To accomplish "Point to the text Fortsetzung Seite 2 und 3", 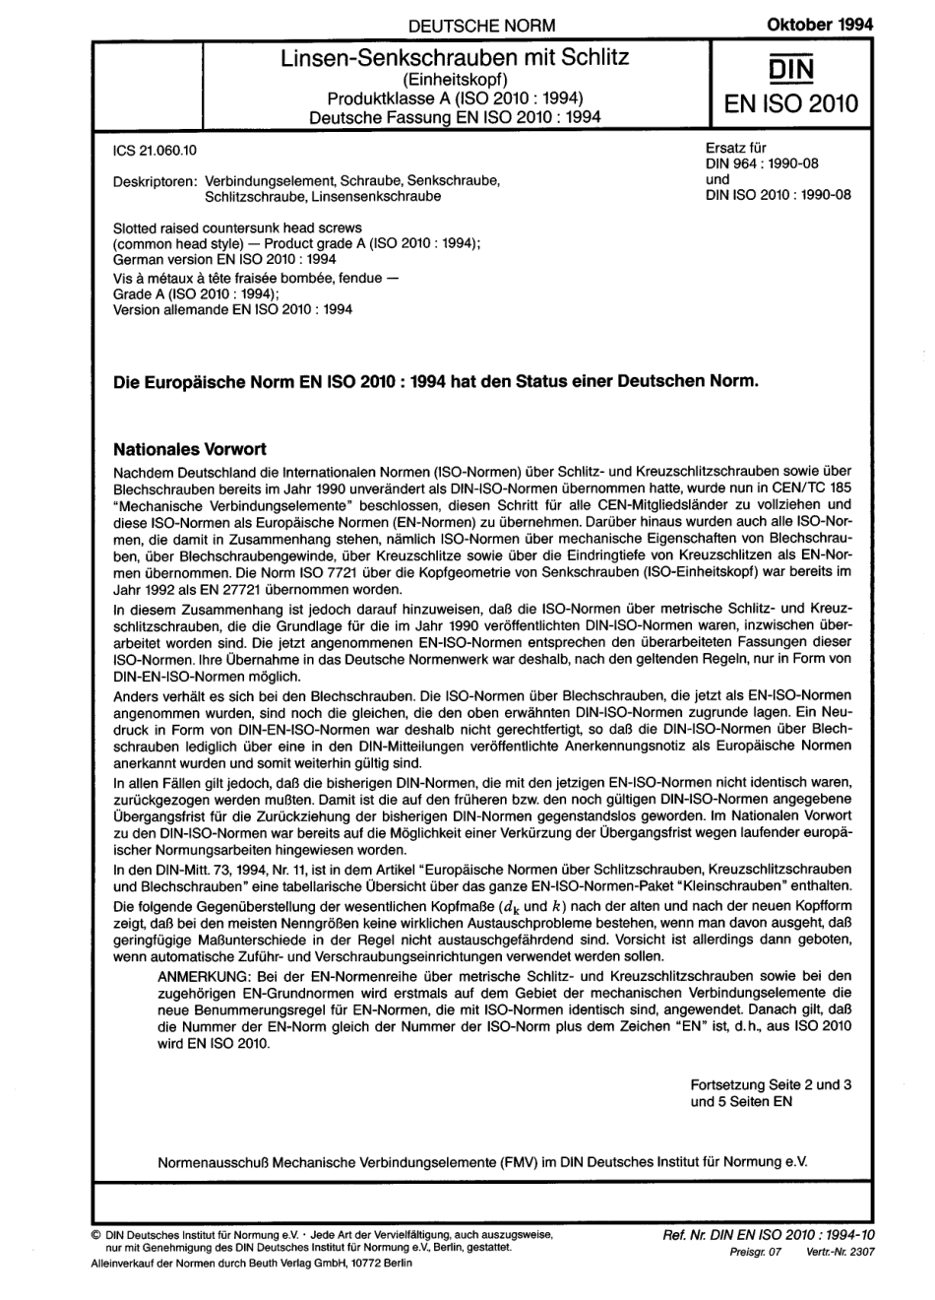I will (x=771, y=1085).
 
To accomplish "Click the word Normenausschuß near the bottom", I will (x=214, y=1163).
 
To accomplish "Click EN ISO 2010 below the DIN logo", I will (x=790, y=102).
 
